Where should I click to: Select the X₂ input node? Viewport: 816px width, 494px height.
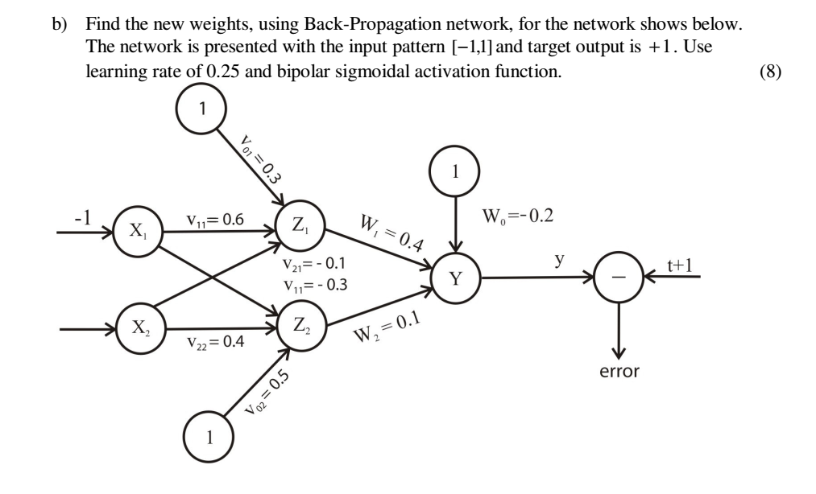(138, 330)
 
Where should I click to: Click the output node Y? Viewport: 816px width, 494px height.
(457, 279)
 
